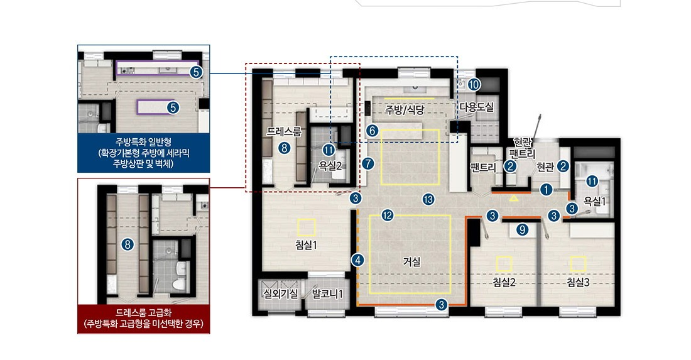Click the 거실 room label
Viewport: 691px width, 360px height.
tap(411, 262)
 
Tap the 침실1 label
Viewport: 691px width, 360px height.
tap(307, 246)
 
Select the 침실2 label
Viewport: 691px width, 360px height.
tap(504, 283)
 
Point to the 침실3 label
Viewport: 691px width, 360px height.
tap(578, 283)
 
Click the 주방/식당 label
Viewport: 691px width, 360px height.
tap(405, 110)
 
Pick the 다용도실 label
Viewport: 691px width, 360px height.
tap(477, 107)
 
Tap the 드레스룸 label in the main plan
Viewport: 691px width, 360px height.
tap(284, 131)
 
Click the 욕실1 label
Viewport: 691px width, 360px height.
tap(594, 202)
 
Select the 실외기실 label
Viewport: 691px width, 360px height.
tap(280, 294)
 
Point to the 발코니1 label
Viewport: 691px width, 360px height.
tap(327, 294)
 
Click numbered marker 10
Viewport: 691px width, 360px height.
tap(474, 85)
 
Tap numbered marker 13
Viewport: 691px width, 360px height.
tap(428, 199)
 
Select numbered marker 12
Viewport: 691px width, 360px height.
tap(388, 215)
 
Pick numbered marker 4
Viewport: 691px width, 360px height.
tap(358, 260)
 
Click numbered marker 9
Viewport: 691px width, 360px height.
tap(522, 229)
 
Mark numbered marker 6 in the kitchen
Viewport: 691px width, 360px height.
tap(372, 131)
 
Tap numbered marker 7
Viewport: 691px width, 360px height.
tap(368, 164)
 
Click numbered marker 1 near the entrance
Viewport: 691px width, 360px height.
tap(546, 190)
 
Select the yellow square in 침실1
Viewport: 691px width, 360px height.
tap(307, 228)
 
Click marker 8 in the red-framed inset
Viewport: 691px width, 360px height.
tap(128, 244)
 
